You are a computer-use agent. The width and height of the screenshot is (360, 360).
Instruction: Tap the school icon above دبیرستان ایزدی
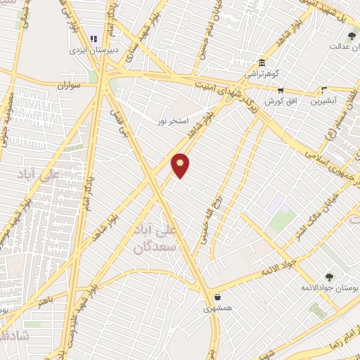(93, 39)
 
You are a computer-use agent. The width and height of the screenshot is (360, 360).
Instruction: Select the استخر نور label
(174, 121)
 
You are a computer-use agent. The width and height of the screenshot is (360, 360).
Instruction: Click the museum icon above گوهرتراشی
(262, 63)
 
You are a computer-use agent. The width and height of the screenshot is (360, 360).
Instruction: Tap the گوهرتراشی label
(262, 73)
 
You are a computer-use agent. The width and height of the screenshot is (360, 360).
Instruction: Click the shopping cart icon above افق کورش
(281, 90)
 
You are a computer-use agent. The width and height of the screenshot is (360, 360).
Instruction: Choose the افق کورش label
(279, 101)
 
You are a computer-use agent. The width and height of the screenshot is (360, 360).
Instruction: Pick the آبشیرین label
(325, 101)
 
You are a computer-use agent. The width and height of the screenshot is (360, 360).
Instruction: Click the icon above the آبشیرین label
(324, 90)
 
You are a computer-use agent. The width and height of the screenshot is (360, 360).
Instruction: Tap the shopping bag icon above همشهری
(217, 297)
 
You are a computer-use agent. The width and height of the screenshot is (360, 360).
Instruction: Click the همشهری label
(217, 308)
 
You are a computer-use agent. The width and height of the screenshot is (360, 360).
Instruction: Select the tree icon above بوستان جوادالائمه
(329, 276)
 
